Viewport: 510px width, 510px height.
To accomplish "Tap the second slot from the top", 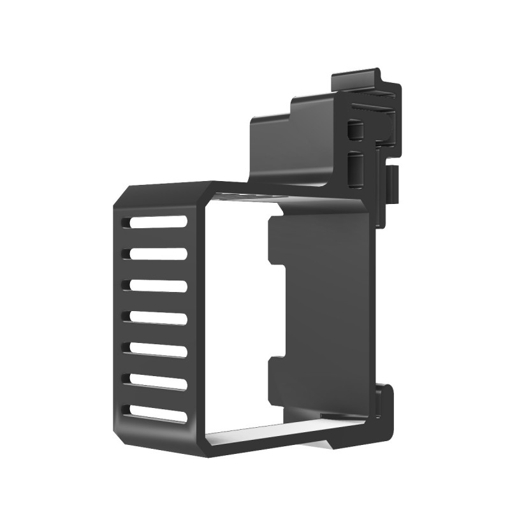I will pos(156,254).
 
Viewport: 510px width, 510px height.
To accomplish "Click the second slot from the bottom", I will pos(156,381).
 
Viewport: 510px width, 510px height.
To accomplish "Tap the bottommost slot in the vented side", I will pos(156,413).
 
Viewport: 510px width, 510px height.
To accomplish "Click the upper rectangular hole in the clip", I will pos(354,131).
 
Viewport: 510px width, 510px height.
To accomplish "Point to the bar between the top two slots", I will pos(156,238).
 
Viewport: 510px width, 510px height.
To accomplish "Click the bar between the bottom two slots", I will pos(156,397).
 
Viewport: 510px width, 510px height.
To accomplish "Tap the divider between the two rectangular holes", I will pos(355,149).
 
